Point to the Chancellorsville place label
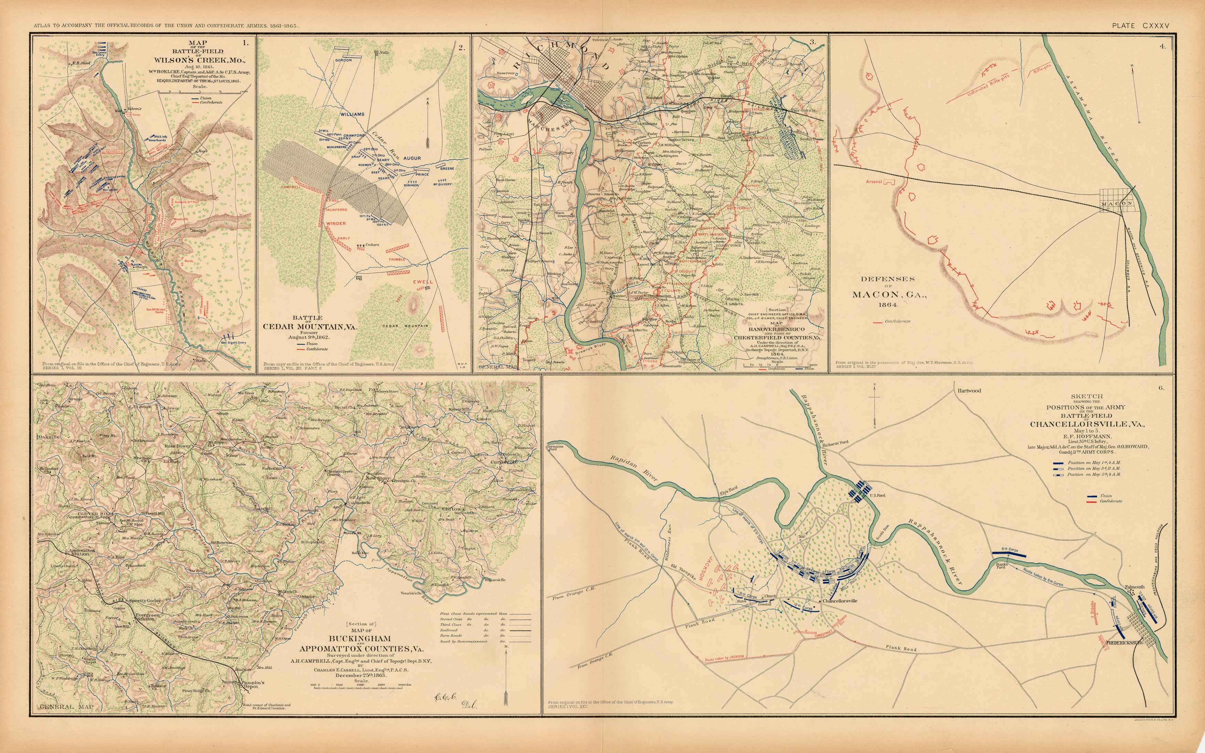pos(840,600)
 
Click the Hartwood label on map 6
pos(969,390)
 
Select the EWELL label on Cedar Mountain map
pos(423,282)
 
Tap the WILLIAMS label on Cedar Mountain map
pos(353,114)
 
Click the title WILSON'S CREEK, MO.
pos(199,60)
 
